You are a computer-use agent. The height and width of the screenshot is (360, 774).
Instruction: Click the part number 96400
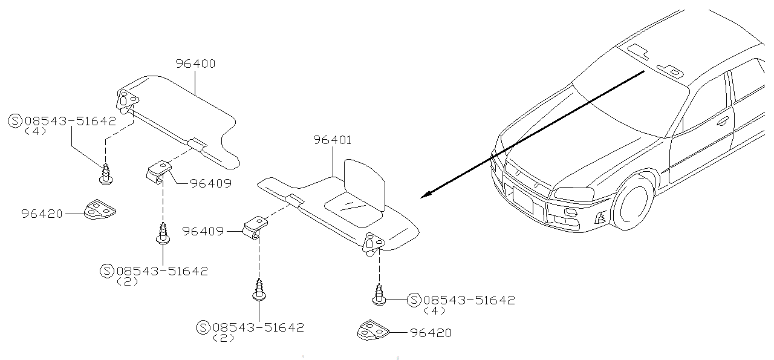pyautogui.click(x=195, y=64)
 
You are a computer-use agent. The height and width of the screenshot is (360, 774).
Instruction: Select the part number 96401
pyautogui.click(x=332, y=140)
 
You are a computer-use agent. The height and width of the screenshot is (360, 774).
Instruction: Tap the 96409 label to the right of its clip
pyautogui.click(x=210, y=183)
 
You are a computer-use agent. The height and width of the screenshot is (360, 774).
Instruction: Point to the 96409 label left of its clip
pyautogui.click(x=203, y=231)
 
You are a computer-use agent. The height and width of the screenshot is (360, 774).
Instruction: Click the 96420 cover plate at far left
pyautogui.click(x=100, y=211)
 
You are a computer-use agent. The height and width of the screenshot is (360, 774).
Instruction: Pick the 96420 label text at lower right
pyautogui.click(x=430, y=333)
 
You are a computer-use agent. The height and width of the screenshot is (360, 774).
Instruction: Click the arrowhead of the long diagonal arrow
pyautogui.click(x=424, y=195)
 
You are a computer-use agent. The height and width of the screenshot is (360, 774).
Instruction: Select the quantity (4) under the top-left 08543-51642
pyautogui.click(x=35, y=131)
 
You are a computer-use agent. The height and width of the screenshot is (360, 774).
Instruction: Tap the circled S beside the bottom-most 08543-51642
pyautogui.click(x=204, y=327)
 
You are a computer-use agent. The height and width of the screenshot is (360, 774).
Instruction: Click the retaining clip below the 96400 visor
pyautogui.click(x=159, y=171)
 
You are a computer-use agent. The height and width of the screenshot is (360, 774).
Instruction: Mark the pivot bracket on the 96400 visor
pyautogui.click(x=128, y=100)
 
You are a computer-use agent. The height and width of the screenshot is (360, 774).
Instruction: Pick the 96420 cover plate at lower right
pyautogui.click(x=370, y=332)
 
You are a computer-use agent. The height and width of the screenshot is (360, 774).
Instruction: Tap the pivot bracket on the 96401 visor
pyautogui.click(x=372, y=243)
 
